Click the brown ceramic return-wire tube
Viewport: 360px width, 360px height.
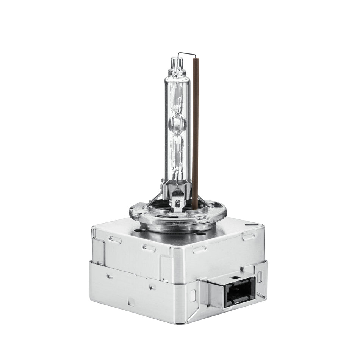[195, 133]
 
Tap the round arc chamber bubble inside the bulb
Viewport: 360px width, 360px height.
[177, 123]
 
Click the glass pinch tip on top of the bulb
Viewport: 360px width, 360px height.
[177, 63]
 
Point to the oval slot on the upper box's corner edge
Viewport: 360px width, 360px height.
[199, 249]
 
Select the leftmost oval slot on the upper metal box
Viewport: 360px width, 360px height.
[115, 240]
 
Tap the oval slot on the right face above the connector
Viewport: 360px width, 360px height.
[249, 236]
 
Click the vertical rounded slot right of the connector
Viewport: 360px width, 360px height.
[260, 276]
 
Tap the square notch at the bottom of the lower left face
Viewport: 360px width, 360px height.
[131, 302]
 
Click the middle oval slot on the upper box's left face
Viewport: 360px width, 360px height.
[149, 248]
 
